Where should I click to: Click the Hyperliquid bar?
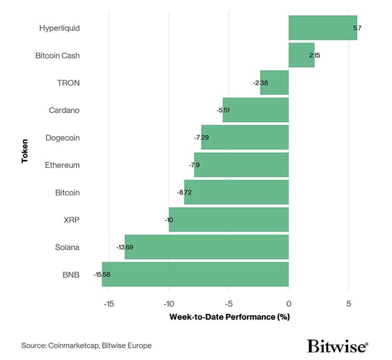click(322, 28)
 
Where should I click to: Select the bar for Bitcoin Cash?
click(301, 55)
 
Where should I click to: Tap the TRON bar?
click(275, 83)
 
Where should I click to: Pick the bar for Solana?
click(206, 247)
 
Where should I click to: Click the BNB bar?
click(195, 274)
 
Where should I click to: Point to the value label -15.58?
click(102, 274)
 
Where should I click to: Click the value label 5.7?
click(358, 28)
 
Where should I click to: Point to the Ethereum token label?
click(62, 165)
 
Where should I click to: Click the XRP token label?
click(71, 219)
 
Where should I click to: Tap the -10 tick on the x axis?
click(169, 303)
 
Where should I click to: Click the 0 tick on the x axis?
click(289, 303)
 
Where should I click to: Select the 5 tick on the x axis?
click(349, 303)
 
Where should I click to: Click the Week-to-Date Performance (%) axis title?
click(230, 317)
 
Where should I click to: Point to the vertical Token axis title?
click(25, 151)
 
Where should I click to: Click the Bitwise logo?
click(337, 346)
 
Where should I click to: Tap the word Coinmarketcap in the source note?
click(74, 345)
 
